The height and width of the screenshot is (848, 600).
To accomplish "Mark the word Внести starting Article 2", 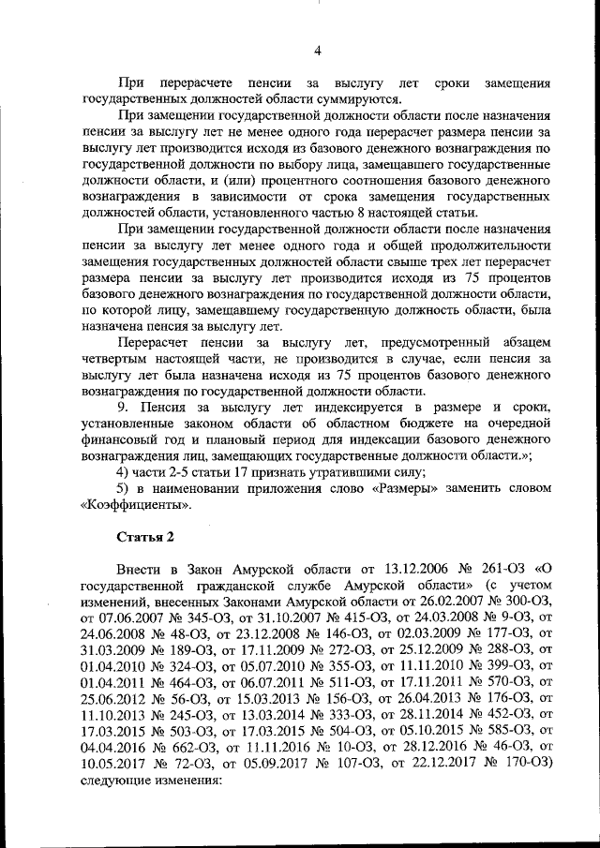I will [142, 569].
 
